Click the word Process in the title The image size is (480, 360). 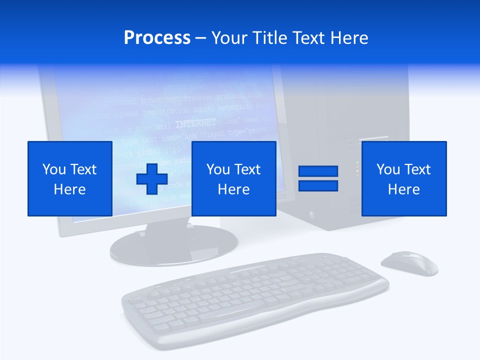pos(157,38)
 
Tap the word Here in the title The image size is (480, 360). pos(348,38)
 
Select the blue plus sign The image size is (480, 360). pos(152,178)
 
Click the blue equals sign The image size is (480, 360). pos(318,178)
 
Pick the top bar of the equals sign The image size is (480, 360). pos(318,171)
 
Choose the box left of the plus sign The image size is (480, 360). pos(70,178)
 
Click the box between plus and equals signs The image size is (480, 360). pos(233,178)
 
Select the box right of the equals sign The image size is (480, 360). pos(404,178)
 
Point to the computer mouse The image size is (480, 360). pos(409,263)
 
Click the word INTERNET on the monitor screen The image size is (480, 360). pos(196,123)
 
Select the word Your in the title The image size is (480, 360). pos(228,38)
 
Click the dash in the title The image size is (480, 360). pos(200,38)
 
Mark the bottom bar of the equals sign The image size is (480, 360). pos(318,186)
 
